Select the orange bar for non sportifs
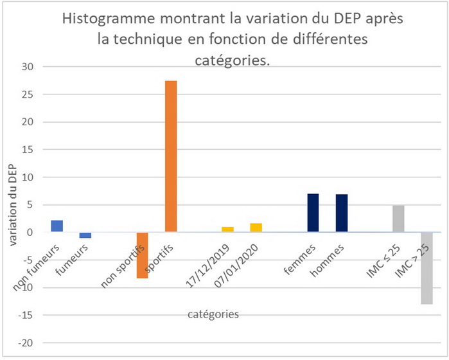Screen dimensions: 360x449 (142, 255)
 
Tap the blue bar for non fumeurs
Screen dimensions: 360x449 (57, 226)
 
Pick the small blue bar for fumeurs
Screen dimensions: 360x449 (85, 235)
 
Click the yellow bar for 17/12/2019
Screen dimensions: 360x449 (227, 230)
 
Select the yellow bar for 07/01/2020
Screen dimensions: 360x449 (256, 228)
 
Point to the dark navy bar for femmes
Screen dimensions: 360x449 (313, 213)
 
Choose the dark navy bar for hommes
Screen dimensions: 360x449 (341, 213)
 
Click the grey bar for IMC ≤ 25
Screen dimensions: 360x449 (398, 219)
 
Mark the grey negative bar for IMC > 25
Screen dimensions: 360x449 (426, 268)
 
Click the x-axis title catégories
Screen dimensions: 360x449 (213, 314)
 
